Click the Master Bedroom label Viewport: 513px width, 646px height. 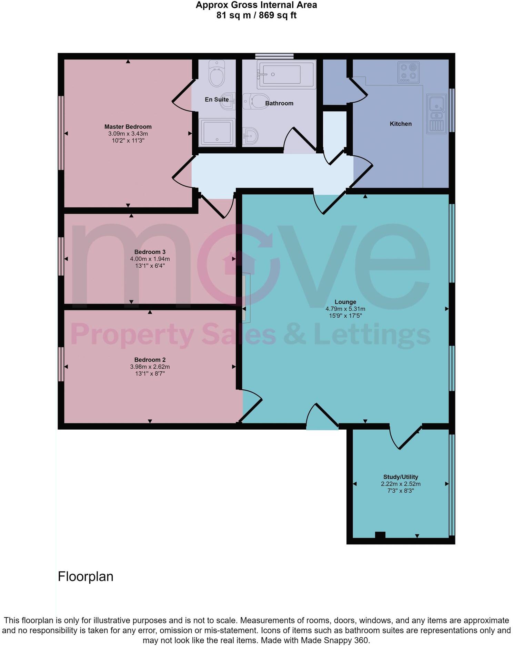128,127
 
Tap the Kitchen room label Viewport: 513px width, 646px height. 401,124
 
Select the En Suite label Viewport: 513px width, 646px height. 217,100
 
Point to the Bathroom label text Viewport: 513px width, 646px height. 279,103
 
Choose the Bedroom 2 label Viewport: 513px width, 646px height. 150,360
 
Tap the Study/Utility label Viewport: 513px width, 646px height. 401,477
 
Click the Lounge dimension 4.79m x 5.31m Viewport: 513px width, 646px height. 345,309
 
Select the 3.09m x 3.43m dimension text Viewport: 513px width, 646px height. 128,134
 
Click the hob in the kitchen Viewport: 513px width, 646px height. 409,72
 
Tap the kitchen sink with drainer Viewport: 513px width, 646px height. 437,114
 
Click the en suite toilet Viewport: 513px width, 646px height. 217,74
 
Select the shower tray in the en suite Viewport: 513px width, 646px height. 217,132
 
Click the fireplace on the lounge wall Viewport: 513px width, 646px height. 246,297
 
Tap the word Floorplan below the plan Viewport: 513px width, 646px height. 85,577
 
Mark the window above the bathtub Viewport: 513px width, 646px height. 274,56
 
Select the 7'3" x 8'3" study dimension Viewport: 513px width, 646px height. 401,491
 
